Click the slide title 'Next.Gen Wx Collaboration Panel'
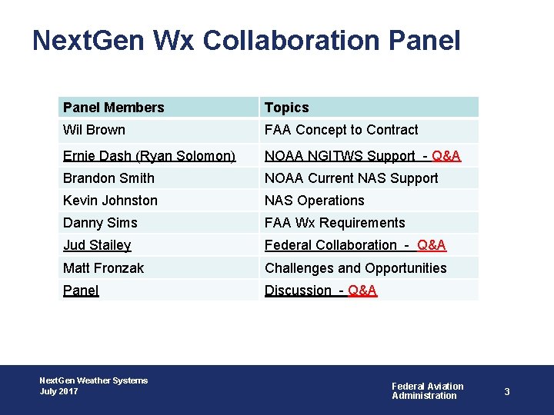coord(246,40)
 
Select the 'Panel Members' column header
coord(114,108)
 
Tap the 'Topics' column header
coord(286,108)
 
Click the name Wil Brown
coord(94,130)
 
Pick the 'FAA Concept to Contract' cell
coord(341,130)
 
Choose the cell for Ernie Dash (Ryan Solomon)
coord(149,156)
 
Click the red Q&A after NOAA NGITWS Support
coord(446,156)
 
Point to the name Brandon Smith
coord(108,178)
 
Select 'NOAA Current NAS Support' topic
coord(351,178)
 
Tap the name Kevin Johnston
coord(110,201)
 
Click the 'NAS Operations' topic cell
coord(314,201)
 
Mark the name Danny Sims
coord(100,223)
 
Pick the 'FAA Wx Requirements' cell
coord(335,223)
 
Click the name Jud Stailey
coord(97,245)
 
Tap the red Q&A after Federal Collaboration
coord(432,245)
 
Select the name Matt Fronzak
coord(103,268)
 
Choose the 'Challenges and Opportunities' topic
coord(355,268)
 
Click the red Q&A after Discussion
coord(362,290)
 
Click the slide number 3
coord(507,392)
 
